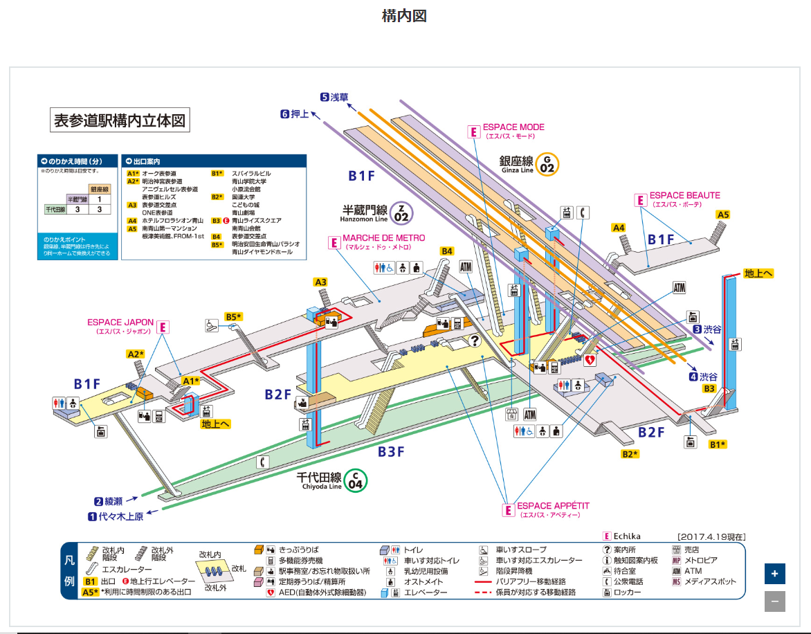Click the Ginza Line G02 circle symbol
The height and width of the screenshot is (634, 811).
pos(547,165)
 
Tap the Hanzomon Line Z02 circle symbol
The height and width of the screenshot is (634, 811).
pos(401,212)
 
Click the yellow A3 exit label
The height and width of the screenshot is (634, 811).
pos(320,282)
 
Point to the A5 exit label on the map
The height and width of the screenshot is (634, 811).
pos(723,215)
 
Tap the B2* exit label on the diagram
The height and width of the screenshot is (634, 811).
pos(630,454)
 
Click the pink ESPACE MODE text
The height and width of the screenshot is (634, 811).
pos(513,127)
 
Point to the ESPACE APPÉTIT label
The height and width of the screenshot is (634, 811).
pos(553,507)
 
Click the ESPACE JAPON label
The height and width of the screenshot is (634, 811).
pos(120,323)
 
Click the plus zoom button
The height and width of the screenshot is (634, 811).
pos(774,574)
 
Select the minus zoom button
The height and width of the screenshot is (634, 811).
pos(774,601)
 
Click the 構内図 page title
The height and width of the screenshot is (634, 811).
pos(404,16)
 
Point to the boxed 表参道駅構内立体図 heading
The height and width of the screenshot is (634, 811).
pos(120,120)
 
